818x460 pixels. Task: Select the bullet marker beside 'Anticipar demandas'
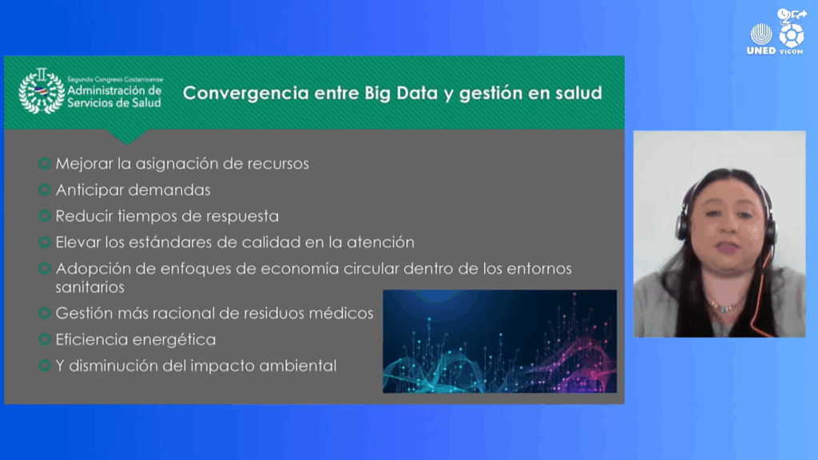coord(45,189)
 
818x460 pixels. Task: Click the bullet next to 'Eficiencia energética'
coord(45,339)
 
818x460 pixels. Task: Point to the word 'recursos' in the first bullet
coord(278,164)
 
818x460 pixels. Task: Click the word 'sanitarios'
coord(89,287)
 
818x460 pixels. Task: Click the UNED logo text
coord(761,50)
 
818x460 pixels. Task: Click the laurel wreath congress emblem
coord(42,91)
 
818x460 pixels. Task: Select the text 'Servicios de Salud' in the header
coord(114,103)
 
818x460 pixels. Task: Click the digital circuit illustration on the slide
coord(500,342)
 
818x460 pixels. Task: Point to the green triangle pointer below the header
coord(126,137)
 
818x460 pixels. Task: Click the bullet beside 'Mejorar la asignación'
coord(45,163)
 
